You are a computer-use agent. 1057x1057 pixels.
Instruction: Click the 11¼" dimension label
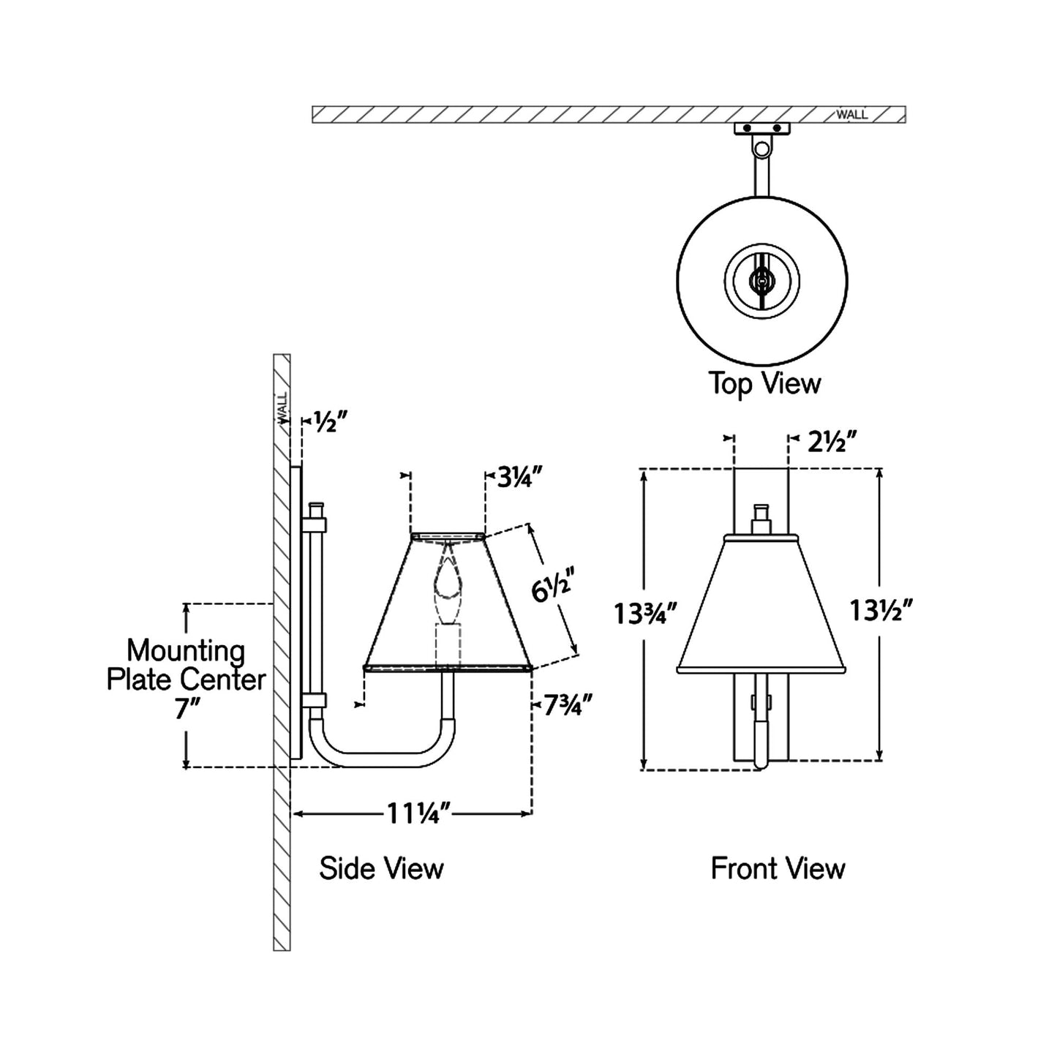(x=418, y=813)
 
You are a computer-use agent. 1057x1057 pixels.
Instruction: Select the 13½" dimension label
(x=881, y=610)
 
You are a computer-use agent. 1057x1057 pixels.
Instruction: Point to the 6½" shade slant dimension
(x=550, y=586)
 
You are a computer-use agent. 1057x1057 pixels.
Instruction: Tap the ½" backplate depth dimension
(x=330, y=421)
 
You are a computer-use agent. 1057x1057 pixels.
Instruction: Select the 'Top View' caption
(x=764, y=383)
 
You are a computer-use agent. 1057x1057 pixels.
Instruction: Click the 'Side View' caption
(x=381, y=868)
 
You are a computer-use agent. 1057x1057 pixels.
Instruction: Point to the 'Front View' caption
(x=778, y=868)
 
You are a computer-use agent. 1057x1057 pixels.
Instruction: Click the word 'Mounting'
(x=186, y=650)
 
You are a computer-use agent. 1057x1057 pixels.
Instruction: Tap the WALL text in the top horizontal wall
(x=852, y=115)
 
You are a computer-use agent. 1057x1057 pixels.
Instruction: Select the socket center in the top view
(x=762, y=280)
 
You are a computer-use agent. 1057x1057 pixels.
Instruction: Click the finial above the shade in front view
(x=761, y=519)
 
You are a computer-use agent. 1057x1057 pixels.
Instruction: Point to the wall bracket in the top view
(x=762, y=129)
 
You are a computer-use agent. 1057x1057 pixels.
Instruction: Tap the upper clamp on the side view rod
(x=316, y=524)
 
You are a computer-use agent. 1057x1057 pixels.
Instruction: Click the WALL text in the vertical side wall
(x=282, y=407)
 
